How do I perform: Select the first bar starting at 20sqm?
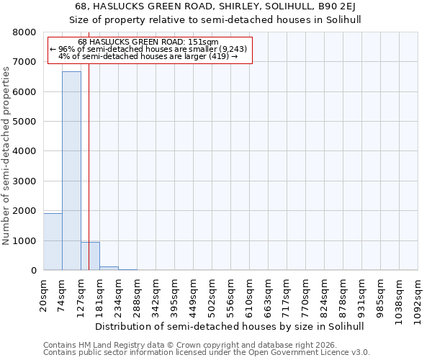pyautogui.click(x=53, y=242)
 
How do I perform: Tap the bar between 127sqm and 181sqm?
pyautogui.click(x=90, y=256)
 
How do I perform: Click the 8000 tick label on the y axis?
pyautogui.click(x=24, y=32)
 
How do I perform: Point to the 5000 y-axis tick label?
pyautogui.click(x=24, y=122)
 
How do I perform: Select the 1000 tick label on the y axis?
pyautogui.click(x=24, y=240)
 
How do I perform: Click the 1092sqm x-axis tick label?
pyautogui.click(x=418, y=297)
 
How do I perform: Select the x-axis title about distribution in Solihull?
pyautogui.click(x=230, y=326)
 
